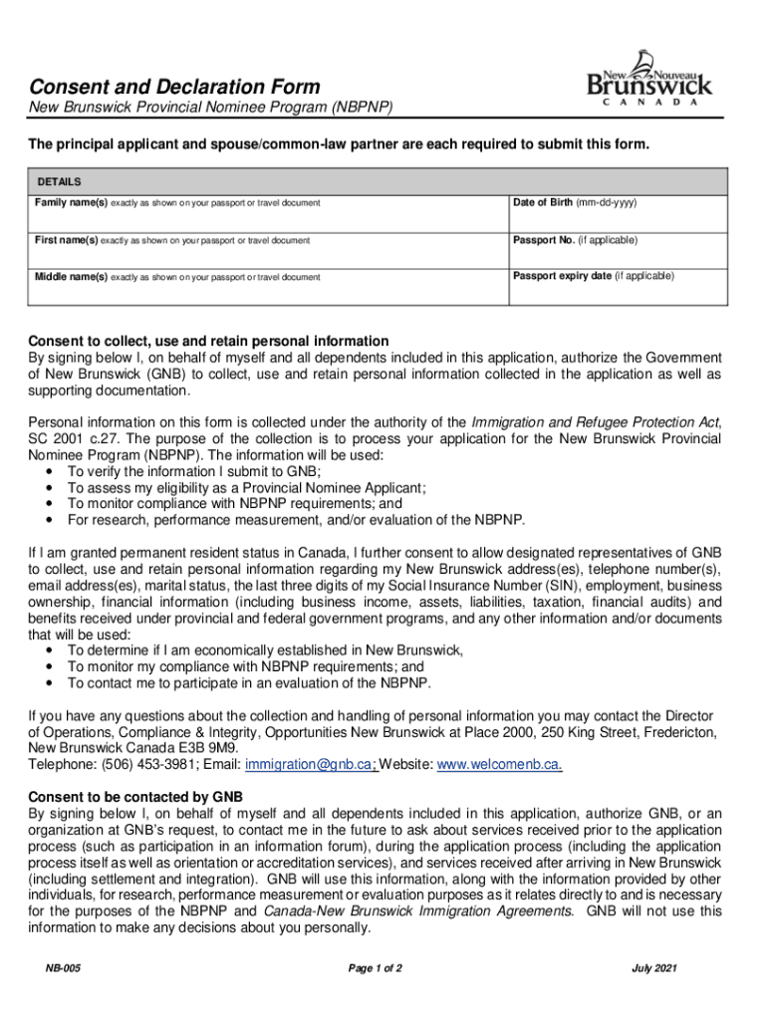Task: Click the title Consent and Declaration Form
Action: [174, 87]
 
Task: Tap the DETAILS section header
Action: [59, 182]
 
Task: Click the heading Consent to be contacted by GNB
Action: [135, 797]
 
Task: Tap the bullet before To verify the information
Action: [51, 471]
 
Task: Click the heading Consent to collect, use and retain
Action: [208, 341]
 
